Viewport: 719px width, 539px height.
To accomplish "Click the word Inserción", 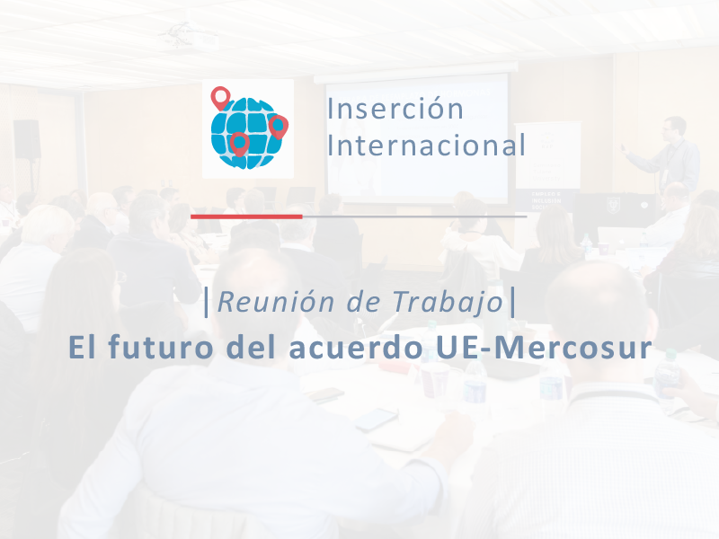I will pyautogui.click(x=395, y=110).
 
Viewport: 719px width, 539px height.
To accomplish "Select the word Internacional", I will pyautogui.click(x=426, y=146).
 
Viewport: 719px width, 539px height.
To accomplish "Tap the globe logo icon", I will pyautogui.click(x=247, y=128).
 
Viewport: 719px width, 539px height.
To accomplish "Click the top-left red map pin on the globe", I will pyautogui.click(x=220, y=97).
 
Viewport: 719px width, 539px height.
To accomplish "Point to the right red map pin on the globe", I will pyautogui.click(x=278, y=126).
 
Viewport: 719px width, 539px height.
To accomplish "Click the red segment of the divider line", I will pyautogui.click(x=245, y=216).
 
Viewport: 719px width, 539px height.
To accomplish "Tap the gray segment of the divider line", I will pyautogui.click(x=414, y=216).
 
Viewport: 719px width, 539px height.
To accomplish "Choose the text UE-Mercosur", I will pyautogui.click(x=537, y=349).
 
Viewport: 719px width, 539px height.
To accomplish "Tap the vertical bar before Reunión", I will pyautogui.click(x=208, y=303).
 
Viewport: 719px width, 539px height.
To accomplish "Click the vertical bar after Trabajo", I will pyautogui.click(x=512, y=303).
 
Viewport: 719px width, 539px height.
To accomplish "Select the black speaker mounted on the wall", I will pyautogui.click(x=27, y=139).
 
